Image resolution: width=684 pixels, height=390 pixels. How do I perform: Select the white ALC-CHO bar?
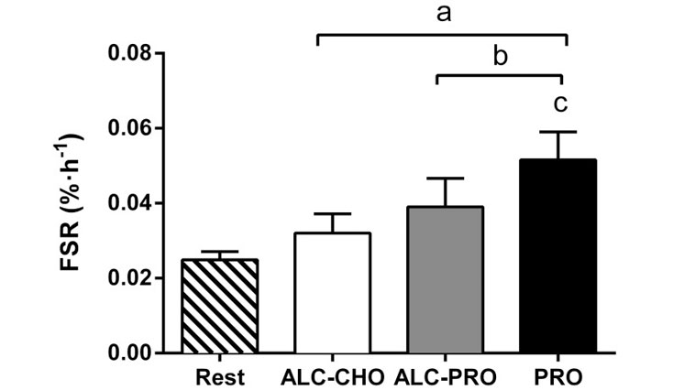tap(333, 293)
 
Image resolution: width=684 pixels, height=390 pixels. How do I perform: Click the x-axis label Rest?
tap(220, 375)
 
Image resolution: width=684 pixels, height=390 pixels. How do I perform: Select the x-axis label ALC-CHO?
tap(334, 375)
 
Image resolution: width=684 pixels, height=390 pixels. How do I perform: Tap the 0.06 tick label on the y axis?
tap(128, 128)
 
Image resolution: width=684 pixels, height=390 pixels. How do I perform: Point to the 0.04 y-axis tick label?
tap(128, 203)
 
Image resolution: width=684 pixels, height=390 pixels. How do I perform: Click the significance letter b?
tap(501, 57)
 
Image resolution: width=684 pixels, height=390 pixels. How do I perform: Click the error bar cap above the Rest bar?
tap(220, 252)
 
